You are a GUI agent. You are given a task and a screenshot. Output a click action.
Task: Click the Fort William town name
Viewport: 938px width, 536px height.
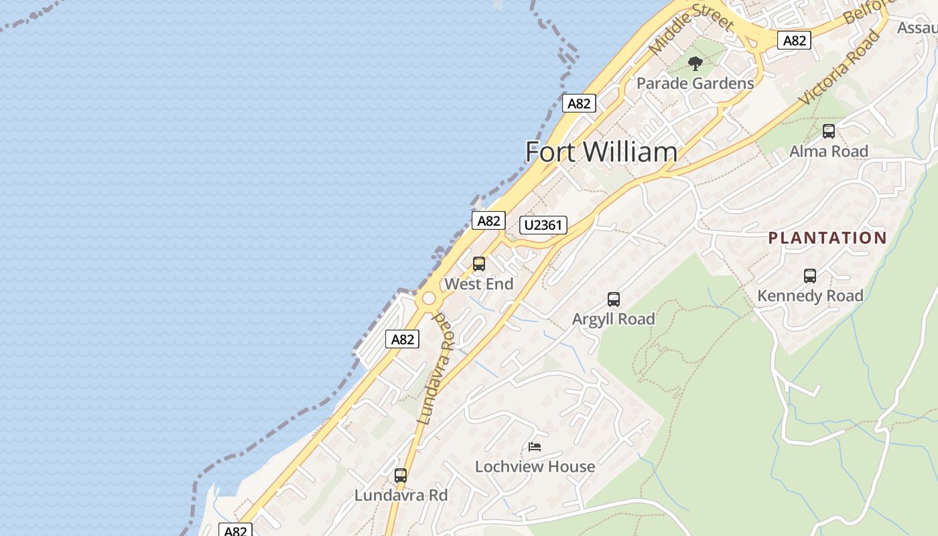point(601,152)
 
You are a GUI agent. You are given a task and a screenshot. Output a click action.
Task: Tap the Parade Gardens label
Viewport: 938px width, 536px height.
point(695,84)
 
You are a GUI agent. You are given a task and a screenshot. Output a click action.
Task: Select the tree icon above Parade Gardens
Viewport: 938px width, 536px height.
point(695,64)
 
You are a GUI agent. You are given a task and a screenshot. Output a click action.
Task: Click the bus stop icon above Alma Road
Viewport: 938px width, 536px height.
point(829,131)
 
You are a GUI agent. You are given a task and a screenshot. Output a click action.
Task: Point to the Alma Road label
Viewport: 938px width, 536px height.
point(829,151)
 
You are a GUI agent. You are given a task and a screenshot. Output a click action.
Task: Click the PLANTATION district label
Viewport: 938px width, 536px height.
point(827,238)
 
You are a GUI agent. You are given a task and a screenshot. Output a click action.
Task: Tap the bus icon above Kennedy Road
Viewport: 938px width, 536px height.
point(810,275)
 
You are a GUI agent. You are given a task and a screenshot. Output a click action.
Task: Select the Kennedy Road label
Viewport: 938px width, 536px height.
point(810,296)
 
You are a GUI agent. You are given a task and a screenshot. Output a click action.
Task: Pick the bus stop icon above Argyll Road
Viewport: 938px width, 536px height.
point(614,299)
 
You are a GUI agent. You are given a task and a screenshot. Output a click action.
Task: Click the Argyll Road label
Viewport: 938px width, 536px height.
point(614,320)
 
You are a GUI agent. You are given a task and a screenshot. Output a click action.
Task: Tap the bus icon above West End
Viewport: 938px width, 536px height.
point(479,264)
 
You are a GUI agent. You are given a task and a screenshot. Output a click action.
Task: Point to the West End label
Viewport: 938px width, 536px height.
point(479,284)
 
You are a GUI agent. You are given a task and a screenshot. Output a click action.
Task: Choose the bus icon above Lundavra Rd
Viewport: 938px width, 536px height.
point(401,476)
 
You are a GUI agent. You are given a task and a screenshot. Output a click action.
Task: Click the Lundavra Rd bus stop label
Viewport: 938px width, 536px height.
point(401,496)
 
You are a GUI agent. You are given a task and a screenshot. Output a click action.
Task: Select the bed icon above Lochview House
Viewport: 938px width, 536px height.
point(535,446)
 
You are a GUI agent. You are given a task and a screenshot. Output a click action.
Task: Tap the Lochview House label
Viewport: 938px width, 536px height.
point(535,466)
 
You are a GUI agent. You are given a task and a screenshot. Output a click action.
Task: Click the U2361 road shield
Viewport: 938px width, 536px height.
point(543,224)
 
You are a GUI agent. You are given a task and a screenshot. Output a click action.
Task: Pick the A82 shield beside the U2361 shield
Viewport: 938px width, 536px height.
point(488,220)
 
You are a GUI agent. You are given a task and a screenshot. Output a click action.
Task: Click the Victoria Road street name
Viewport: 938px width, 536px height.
point(840,67)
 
